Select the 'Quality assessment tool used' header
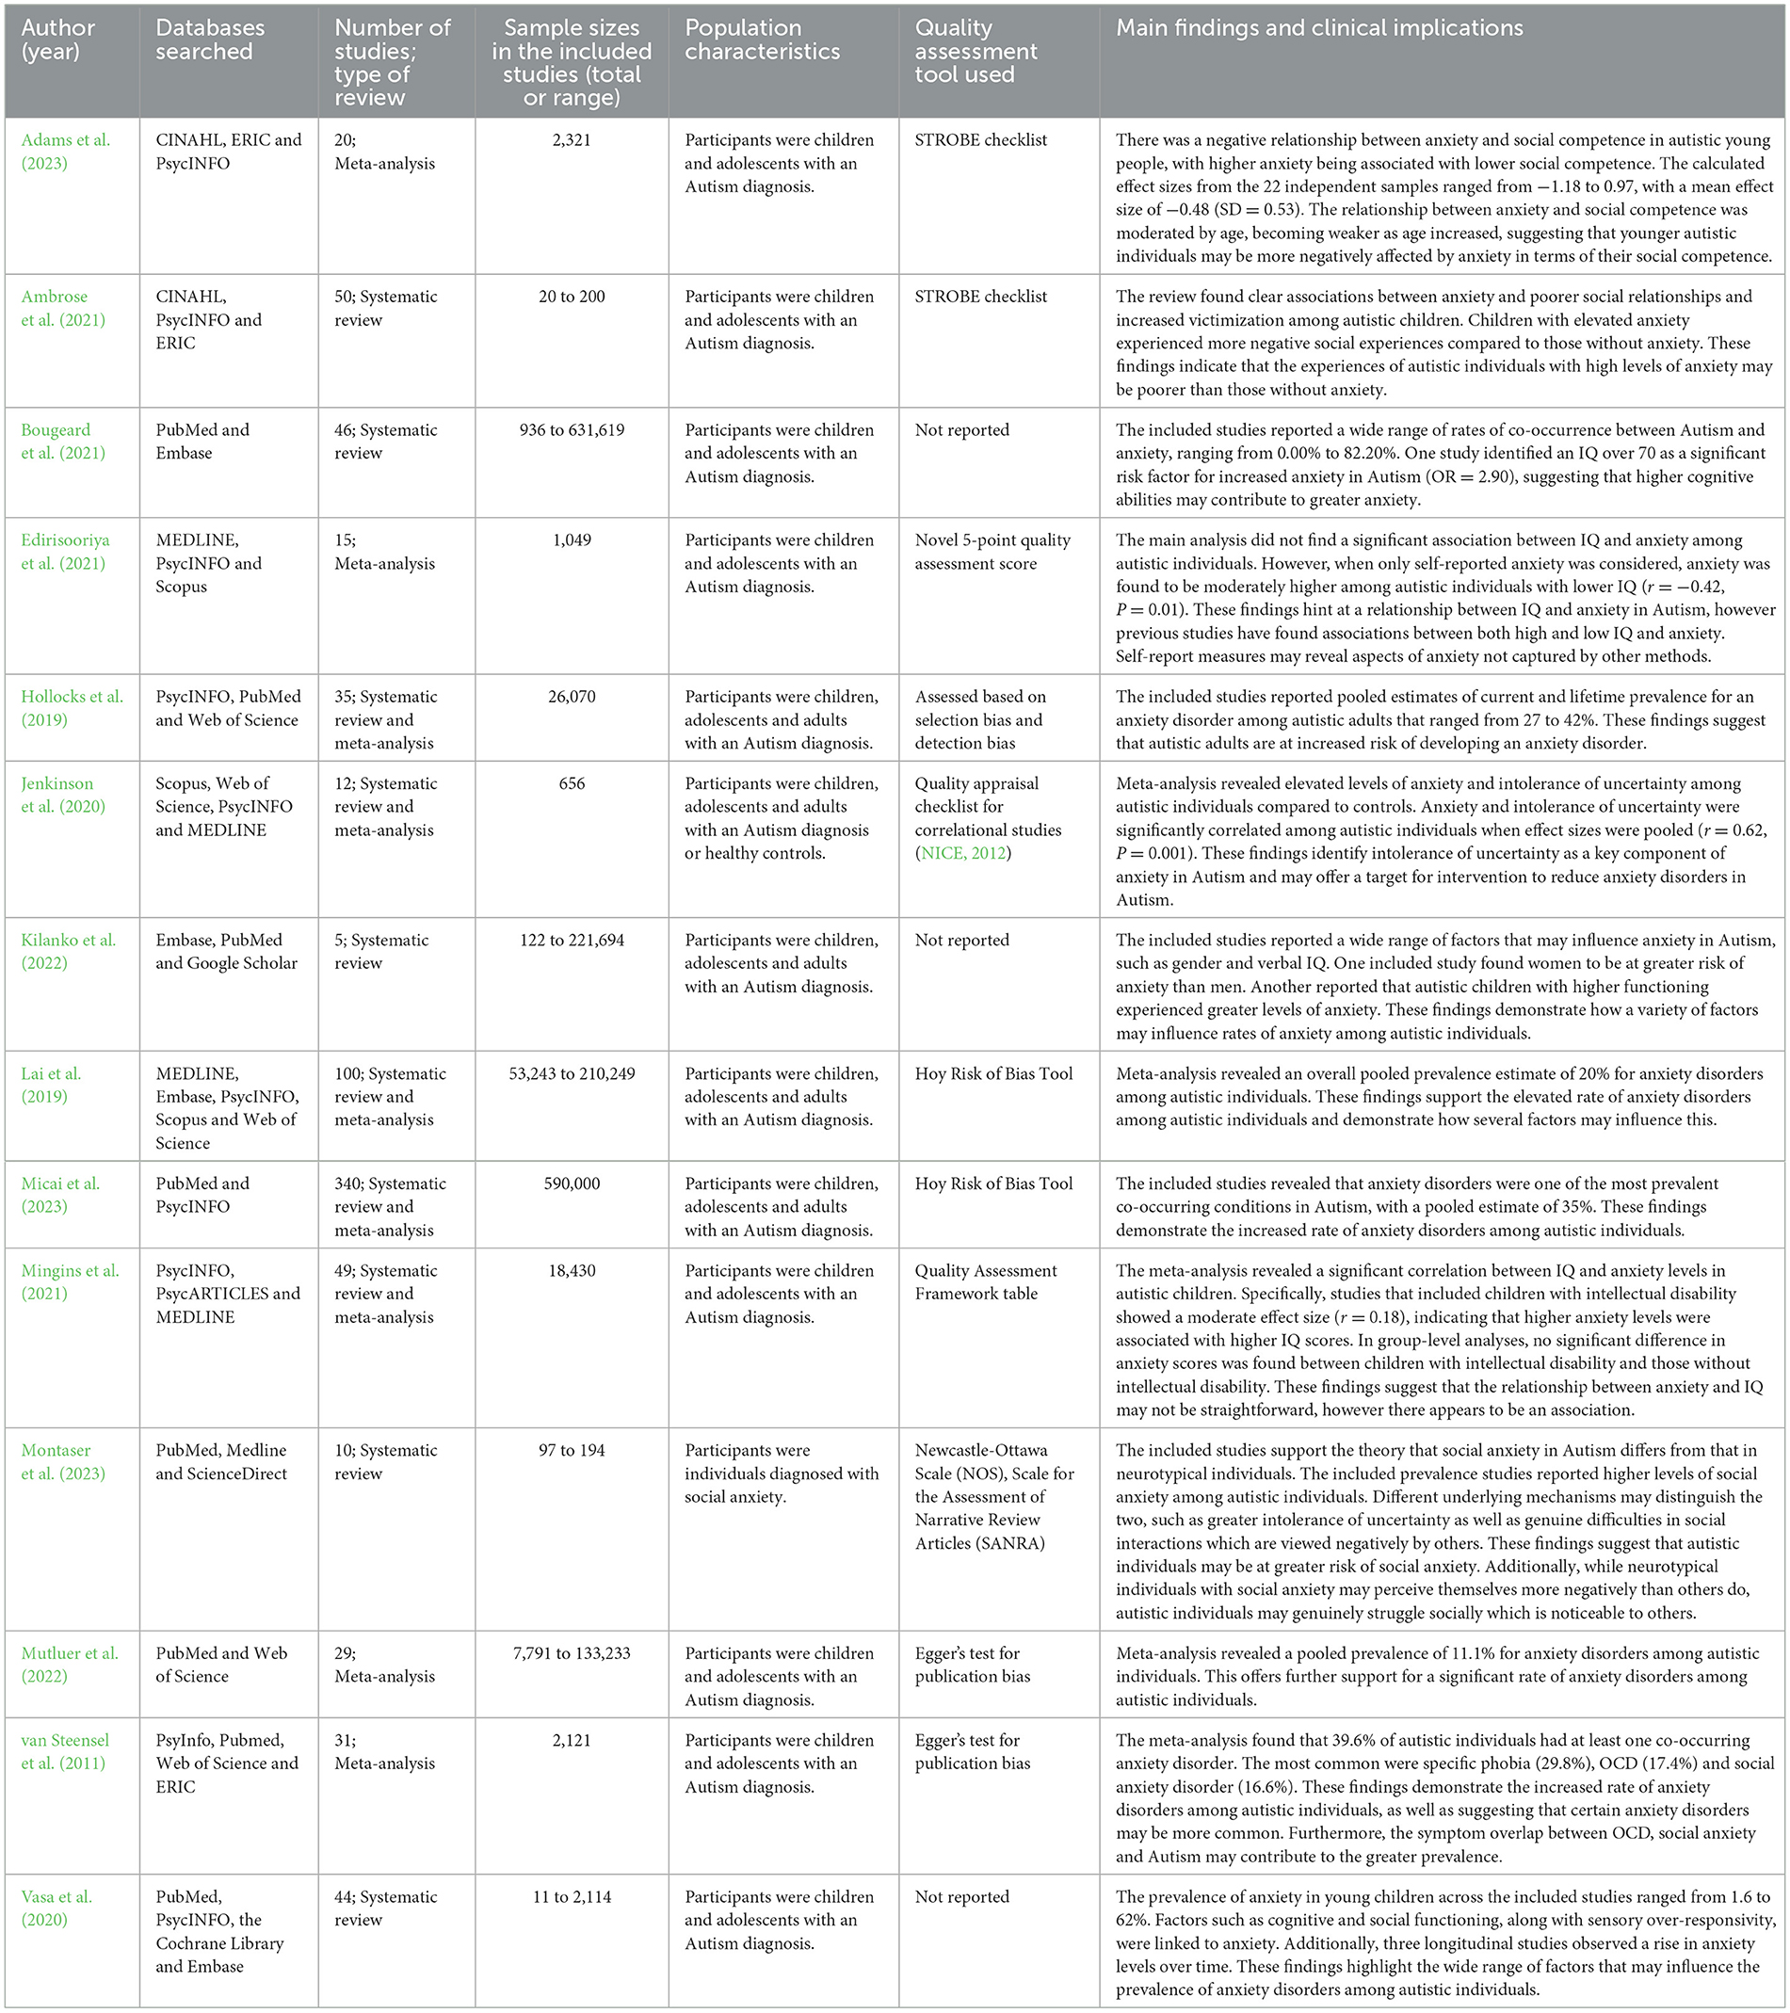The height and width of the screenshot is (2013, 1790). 976,51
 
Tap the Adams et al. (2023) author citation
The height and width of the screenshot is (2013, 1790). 66,152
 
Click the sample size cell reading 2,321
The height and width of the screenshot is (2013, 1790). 572,140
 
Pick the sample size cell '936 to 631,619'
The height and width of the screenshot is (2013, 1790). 572,430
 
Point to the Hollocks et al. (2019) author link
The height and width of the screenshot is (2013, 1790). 72,708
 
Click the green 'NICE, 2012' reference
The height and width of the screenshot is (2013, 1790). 963,854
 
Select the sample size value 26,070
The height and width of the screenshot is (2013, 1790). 572,698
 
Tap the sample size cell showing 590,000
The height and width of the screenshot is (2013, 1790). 572,1184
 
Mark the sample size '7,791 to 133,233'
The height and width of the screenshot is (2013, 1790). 572,1653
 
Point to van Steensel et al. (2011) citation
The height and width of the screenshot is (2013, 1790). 65,1752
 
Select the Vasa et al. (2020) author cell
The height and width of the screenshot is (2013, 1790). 57,1908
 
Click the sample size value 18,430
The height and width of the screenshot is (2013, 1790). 572,1271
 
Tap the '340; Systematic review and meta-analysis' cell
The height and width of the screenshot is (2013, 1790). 390,1206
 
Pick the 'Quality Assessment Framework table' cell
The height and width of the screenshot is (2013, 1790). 985,1282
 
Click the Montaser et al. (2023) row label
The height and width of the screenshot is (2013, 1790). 63,1462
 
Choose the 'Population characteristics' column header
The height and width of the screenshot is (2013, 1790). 763,40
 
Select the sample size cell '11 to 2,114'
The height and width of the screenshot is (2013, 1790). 572,1897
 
